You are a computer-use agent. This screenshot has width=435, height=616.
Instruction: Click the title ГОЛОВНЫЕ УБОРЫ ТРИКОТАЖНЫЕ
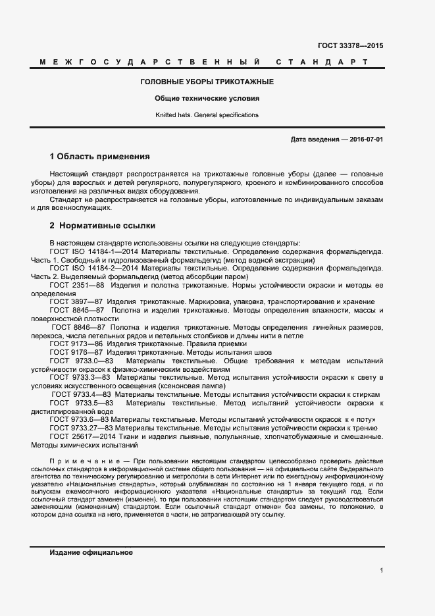207,82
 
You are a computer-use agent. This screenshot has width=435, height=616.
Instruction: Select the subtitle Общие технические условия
207,98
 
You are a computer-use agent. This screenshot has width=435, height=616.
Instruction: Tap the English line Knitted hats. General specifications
207,115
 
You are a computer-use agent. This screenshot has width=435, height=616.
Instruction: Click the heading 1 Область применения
100,157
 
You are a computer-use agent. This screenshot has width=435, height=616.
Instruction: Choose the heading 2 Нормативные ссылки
103,225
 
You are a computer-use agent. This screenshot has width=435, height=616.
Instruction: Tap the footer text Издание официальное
91,553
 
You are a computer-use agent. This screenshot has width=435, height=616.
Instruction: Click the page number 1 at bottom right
381,570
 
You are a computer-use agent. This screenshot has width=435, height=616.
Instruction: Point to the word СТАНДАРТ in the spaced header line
321,63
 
